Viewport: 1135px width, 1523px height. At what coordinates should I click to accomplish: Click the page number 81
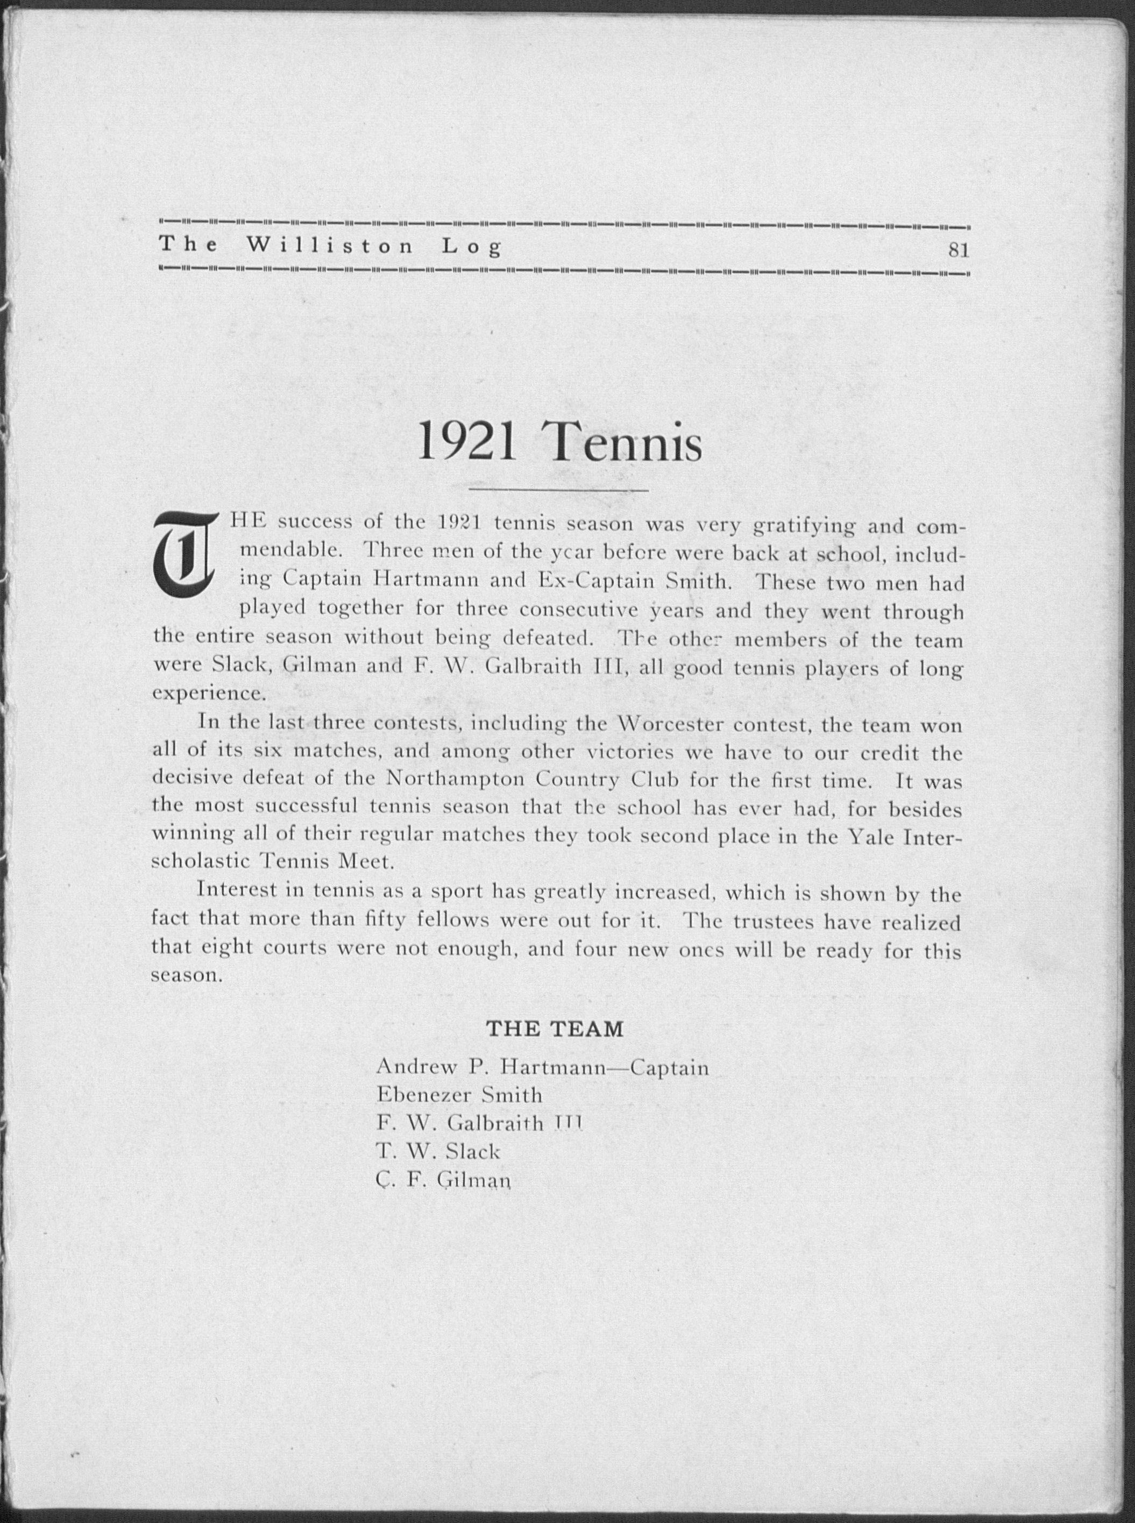coord(957,251)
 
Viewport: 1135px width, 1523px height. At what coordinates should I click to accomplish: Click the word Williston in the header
coord(330,245)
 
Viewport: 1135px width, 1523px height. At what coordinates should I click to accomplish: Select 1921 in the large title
coord(467,444)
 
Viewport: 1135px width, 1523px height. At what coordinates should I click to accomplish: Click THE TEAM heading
coord(555,1029)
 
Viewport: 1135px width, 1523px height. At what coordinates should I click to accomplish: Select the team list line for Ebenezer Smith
coord(459,1094)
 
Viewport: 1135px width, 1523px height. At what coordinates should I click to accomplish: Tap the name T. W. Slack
coord(438,1151)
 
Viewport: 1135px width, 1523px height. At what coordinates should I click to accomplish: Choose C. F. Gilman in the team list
coord(444,1180)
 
